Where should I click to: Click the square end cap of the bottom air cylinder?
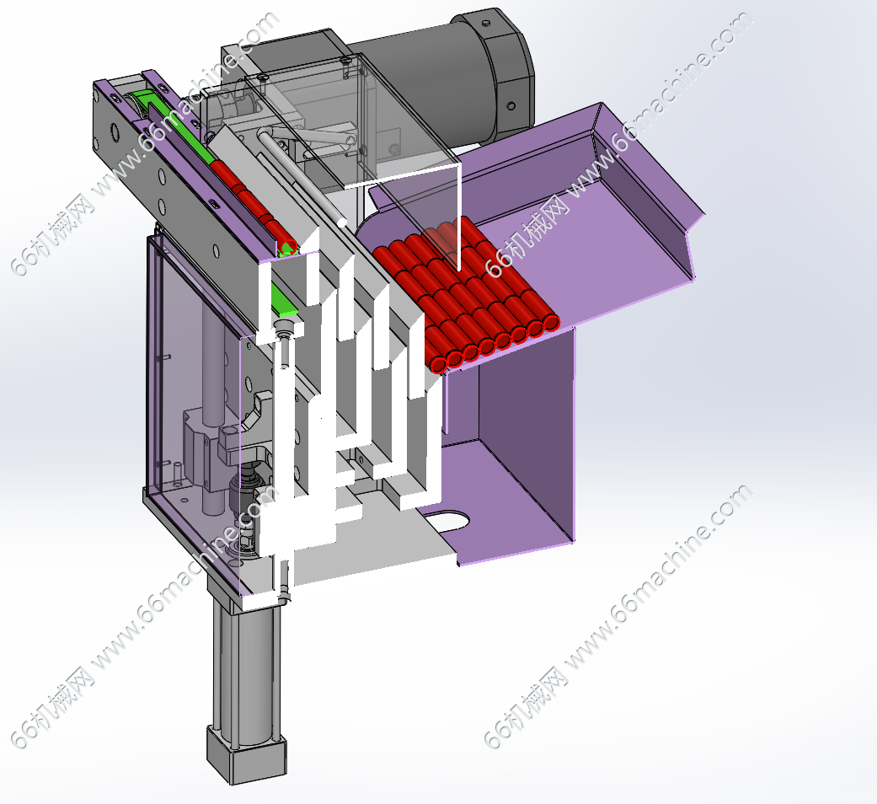coord(247,755)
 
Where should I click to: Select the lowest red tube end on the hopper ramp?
coord(439,364)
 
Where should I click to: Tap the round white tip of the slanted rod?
coord(342,222)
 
